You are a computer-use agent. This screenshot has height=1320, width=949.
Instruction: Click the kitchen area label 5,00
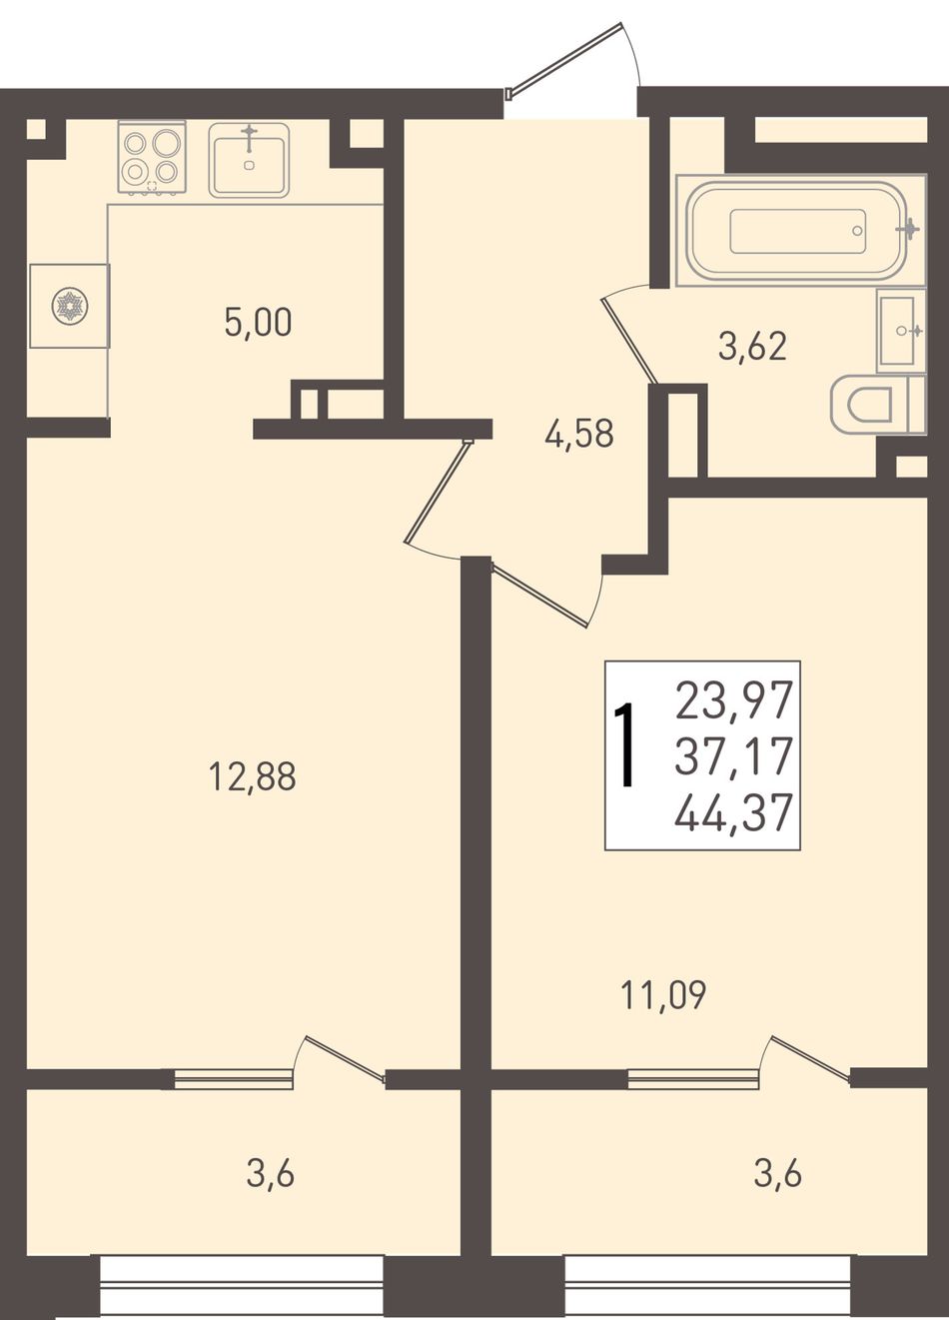click(258, 323)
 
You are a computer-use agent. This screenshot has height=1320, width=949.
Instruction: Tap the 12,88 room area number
click(252, 776)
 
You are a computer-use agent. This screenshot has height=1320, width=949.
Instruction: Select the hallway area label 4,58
click(579, 434)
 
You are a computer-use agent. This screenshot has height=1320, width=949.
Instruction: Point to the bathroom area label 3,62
click(752, 347)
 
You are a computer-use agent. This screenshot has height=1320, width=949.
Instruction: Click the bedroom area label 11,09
click(664, 995)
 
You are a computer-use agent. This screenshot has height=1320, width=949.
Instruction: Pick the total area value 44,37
click(732, 811)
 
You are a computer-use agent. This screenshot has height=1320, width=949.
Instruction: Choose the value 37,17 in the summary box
click(732, 754)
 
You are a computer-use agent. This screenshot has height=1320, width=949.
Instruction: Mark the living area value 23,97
click(732, 700)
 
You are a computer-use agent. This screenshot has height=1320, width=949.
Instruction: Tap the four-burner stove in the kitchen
click(152, 157)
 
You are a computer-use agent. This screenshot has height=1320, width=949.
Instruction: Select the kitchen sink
click(249, 160)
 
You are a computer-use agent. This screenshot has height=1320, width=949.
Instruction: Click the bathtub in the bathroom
click(799, 231)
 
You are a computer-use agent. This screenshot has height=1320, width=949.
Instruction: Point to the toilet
click(878, 406)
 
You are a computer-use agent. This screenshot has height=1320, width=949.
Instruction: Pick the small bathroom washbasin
click(900, 331)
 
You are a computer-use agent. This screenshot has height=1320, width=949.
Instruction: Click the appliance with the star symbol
click(70, 306)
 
